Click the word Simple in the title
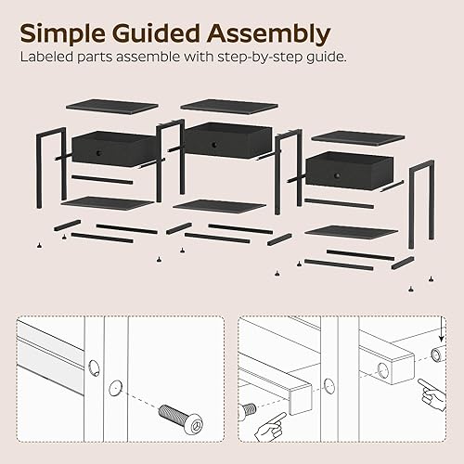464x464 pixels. (x=64, y=33)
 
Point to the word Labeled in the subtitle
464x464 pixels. (x=46, y=58)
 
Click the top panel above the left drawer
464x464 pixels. (x=112, y=107)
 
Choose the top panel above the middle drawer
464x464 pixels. (x=228, y=105)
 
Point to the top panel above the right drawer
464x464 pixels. (x=357, y=137)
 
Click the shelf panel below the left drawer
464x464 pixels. (x=107, y=203)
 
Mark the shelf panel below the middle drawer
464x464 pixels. (x=220, y=205)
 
